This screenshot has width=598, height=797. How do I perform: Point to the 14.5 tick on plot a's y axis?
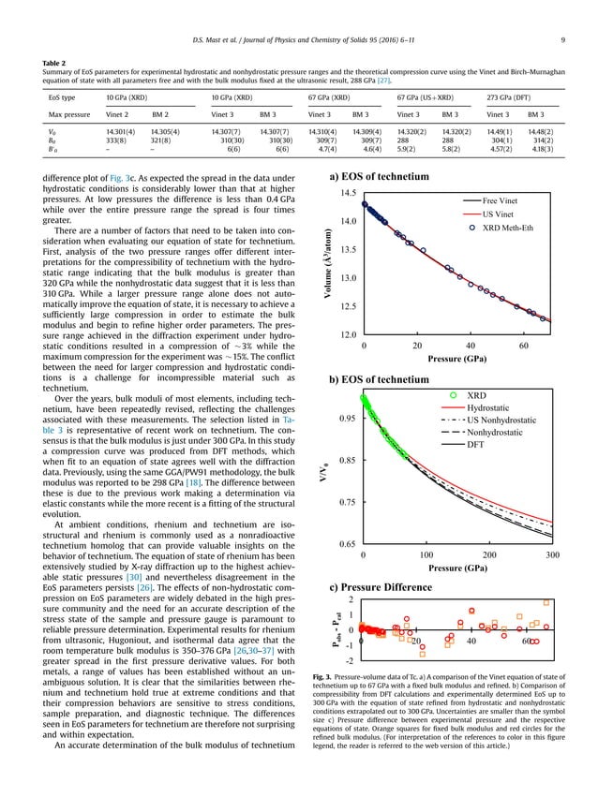click(349, 193)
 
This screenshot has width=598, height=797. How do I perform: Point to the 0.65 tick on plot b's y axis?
click(347, 543)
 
